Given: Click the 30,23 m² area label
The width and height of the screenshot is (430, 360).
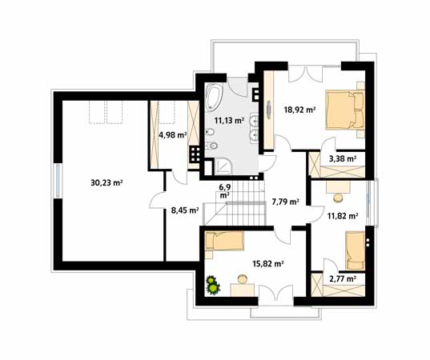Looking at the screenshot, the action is click(x=106, y=182).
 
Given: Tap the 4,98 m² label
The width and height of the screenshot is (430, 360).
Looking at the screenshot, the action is click(x=173, y=134).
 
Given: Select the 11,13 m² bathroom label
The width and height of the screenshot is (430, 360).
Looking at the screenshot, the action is click(x=229, y=120).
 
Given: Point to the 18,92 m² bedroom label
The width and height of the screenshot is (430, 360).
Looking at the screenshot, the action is click(x=299, y=110).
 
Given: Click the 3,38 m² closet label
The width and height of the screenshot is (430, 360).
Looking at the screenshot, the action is click(x=343, y=158).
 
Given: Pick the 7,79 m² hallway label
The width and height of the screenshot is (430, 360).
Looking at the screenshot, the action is click(x=285, y=202).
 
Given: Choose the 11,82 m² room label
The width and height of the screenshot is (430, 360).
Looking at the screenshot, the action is click(x=343, y=216).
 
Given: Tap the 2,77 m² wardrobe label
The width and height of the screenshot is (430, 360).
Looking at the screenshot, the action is click(x=343, y=279).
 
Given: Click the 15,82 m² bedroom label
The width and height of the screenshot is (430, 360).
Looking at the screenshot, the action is click(x=268, y=264).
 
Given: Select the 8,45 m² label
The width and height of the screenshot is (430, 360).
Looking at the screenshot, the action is click(x=185, y=210).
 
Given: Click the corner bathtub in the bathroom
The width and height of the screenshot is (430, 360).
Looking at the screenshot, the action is click(x=215, y=97).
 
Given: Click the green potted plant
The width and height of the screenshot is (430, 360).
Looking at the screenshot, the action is click(x=213, y=286).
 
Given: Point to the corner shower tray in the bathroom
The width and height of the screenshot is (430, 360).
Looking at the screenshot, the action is click(x=223, y=167).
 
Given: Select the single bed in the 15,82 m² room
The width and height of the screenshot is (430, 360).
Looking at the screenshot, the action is click(x=224, y=241).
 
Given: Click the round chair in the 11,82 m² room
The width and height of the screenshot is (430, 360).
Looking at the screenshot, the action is click(x=338, y=198).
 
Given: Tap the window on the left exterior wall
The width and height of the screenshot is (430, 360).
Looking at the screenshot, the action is click(x=58, y=181).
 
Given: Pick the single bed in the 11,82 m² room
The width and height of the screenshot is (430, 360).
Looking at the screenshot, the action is click(x=356, y=250).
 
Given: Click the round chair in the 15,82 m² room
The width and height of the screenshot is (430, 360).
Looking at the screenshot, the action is click(x=243, y=279).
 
